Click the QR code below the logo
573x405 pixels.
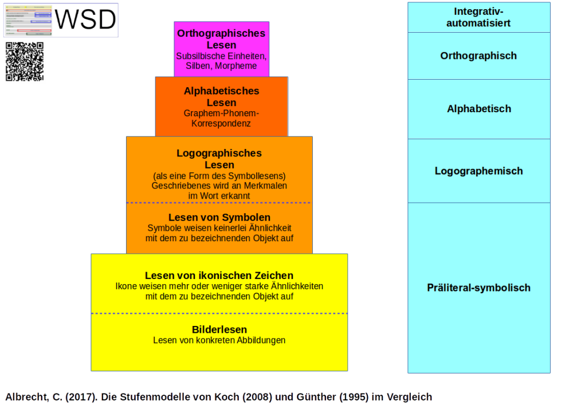[x=25, y=61]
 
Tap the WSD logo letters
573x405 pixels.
[x=86, y=20]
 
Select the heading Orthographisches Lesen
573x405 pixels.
[x=221, y=39]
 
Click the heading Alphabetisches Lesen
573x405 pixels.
[x=221, y=97]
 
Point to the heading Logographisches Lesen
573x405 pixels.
[x=219, y=159]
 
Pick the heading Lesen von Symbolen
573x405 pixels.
[x=219, y=218]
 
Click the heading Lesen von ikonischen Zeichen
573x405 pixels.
[x=219, y=276]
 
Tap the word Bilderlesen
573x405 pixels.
[x=219, y=329]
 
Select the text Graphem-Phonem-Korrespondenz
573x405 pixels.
[x=221, y=118]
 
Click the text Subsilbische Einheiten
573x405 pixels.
[x=221, y=57]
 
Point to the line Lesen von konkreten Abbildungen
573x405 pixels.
[x=219, y=340]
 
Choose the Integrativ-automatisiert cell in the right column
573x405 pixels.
[x=478, y=17]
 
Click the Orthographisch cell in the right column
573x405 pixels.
[x=478, y=56]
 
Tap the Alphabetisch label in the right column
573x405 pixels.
[x=478, y=109]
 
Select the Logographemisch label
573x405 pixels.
[x=478, y=171]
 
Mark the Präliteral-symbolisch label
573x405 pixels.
[x=478, y=288]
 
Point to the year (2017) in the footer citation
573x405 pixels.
[x=81, y=396]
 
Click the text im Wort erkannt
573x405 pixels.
[x=219, y=195]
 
